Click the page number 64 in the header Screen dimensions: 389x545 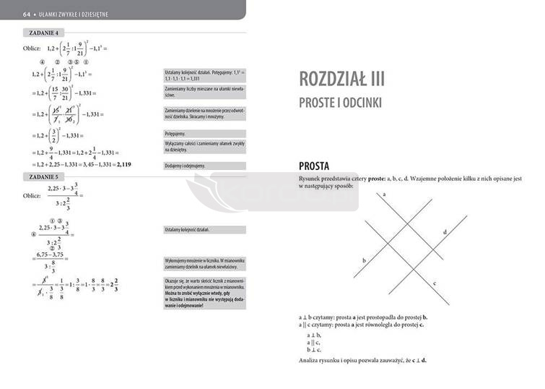[26, 14]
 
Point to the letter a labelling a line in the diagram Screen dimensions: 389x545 [385, 195]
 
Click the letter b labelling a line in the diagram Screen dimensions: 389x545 [364, 260]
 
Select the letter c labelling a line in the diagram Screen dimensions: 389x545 [434, 283]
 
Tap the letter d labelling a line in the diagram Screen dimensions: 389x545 [445, 231]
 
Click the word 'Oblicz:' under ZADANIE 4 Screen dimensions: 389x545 [32, 48]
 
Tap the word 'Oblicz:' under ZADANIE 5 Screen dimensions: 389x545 [32, 196]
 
